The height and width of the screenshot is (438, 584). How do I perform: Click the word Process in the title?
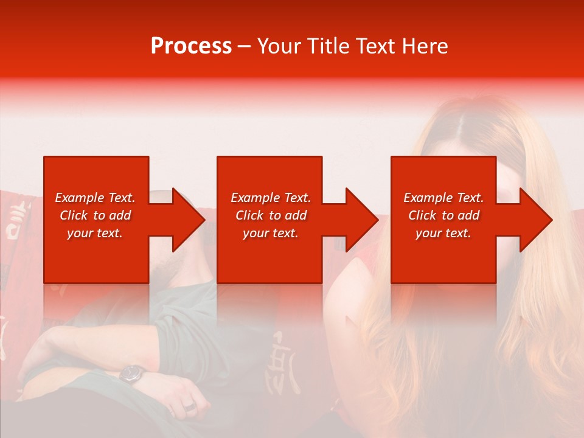coord(191,46)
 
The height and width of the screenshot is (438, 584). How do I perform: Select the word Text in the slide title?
coord(374,46)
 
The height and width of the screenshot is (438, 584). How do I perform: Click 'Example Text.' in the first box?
coord(95,198)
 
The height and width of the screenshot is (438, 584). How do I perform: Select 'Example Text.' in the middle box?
coord(271,198)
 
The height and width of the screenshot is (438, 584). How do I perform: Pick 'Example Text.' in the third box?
coord(443,198)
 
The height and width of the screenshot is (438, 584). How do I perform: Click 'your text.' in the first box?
coord(95,233)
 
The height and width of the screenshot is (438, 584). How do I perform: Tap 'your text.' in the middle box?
coord(271,233)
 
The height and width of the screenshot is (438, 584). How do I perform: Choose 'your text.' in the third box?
coord(443,233)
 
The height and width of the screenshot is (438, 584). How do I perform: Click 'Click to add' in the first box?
coord(95,215)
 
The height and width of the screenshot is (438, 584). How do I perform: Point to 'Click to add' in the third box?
coord(443,215)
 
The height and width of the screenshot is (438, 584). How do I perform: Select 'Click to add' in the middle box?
coord(271,215)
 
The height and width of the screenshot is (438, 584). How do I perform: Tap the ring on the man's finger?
coord(190,406)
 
